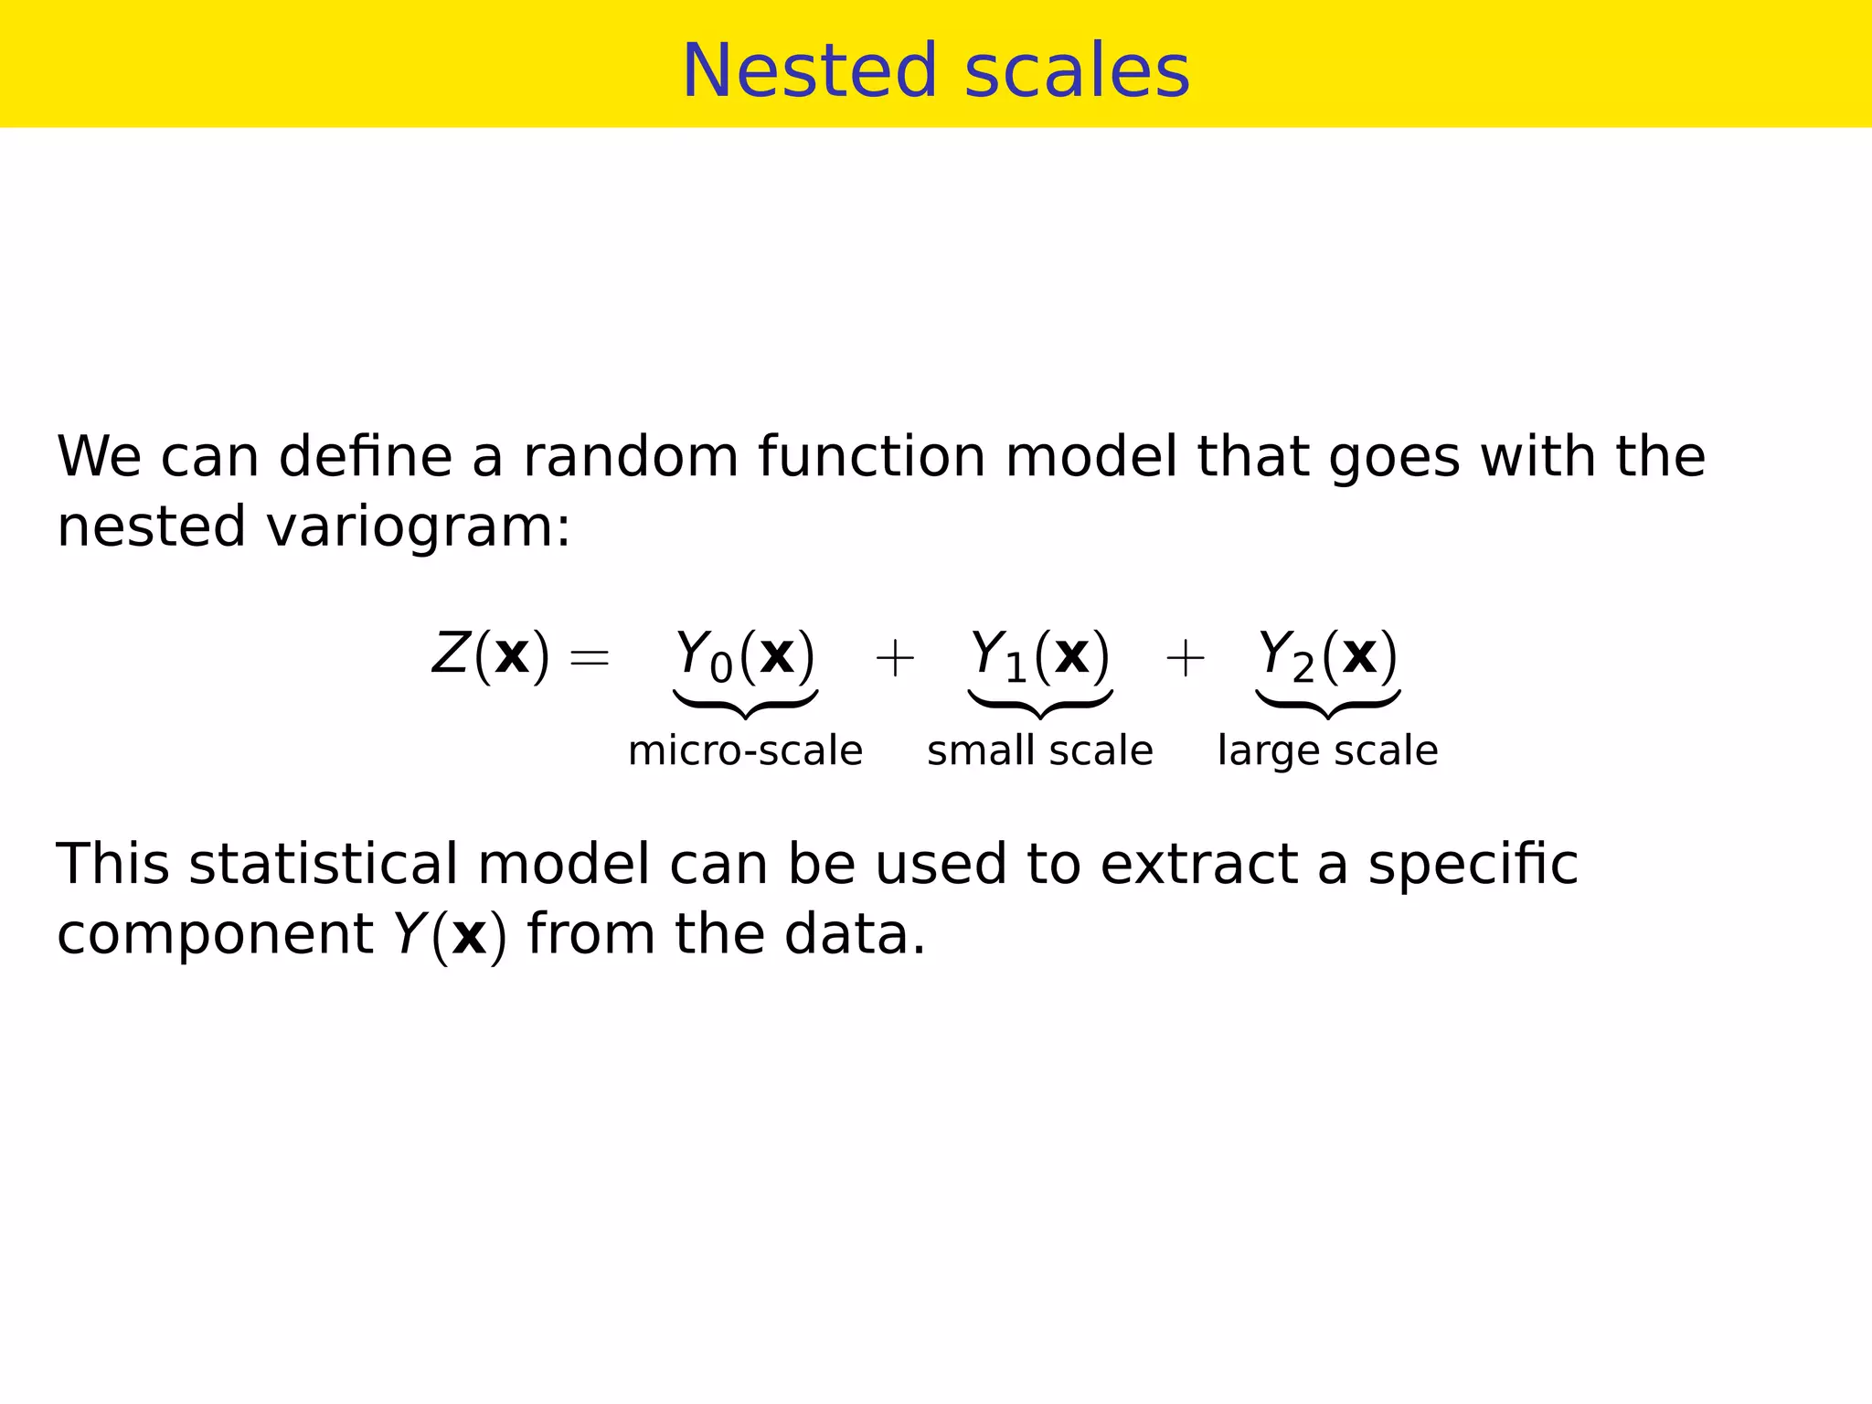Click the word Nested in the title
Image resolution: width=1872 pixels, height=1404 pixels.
[810, 71]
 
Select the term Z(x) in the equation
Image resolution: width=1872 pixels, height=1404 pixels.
[491, 654]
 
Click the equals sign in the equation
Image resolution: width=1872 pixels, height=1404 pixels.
[589, 657]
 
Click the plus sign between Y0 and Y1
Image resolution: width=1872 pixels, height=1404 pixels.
[894, 658]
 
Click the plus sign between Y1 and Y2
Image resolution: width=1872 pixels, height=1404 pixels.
[1185, 658]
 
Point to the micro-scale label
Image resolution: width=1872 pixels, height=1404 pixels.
[745, 750]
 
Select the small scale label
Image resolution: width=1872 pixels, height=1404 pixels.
[1039, 750]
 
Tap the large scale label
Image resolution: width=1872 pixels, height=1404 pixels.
[1327, 750]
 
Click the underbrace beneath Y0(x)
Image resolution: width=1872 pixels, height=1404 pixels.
[745, 704]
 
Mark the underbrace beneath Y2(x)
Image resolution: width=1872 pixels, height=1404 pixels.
[1327, 704]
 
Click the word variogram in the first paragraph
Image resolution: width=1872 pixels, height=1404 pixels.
[418, 528]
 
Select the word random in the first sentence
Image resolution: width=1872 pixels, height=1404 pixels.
[630, 456]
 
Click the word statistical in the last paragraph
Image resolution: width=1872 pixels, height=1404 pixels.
[322, 864]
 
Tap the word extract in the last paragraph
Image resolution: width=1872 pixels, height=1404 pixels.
[1198, 864]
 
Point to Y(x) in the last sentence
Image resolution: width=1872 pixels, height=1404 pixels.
[449, 935]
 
